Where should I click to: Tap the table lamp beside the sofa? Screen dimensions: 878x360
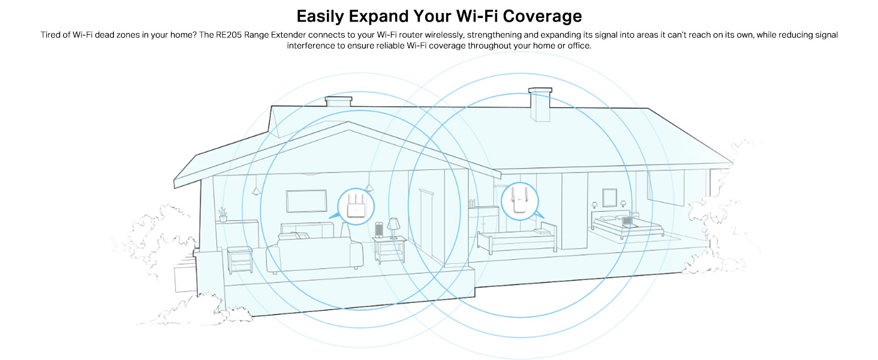pos(394,227)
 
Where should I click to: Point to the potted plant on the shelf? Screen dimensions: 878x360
pos(223,214)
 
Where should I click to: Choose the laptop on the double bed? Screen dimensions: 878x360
pos(627,221)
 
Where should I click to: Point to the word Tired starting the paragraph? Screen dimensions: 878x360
pos(51,35)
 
